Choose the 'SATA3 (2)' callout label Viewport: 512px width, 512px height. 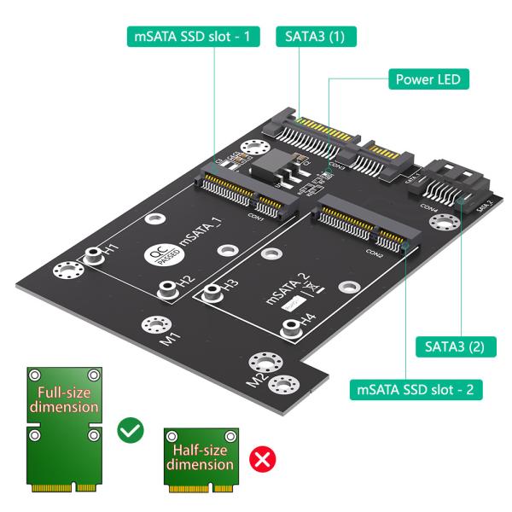point(454,347)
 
